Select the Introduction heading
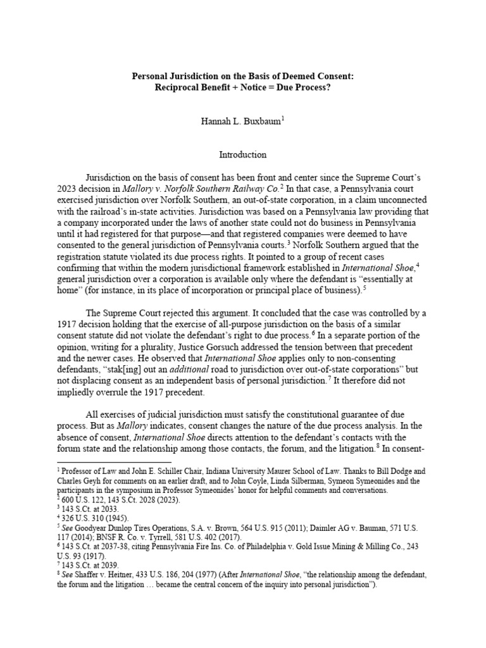(x=243, y=154)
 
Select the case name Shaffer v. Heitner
(x=106, y=575)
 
